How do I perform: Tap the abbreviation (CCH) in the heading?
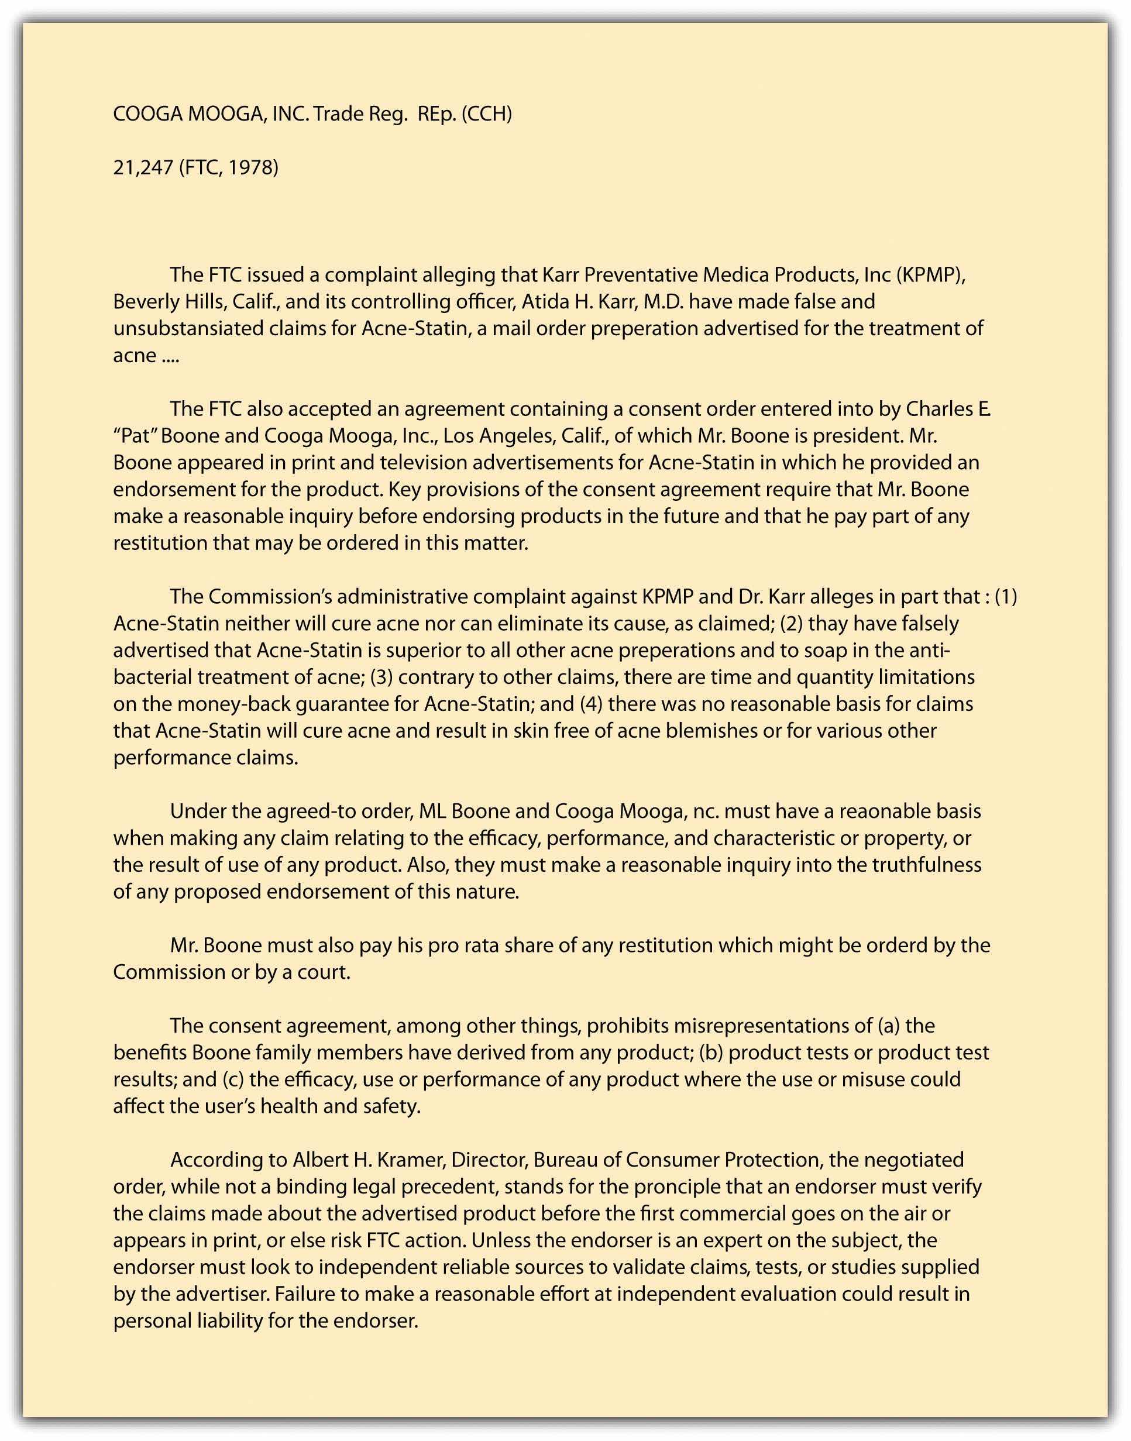(x=487, y=114)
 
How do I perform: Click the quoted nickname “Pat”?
(x=134, y=436)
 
